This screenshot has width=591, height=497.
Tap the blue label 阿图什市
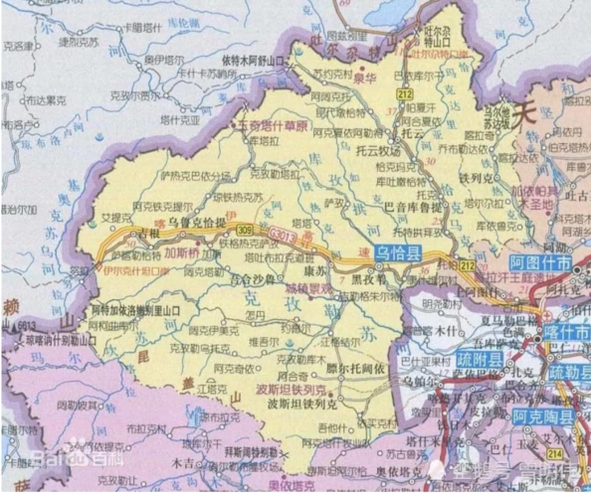[542, 264]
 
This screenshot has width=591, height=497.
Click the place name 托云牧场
[375, 152]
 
